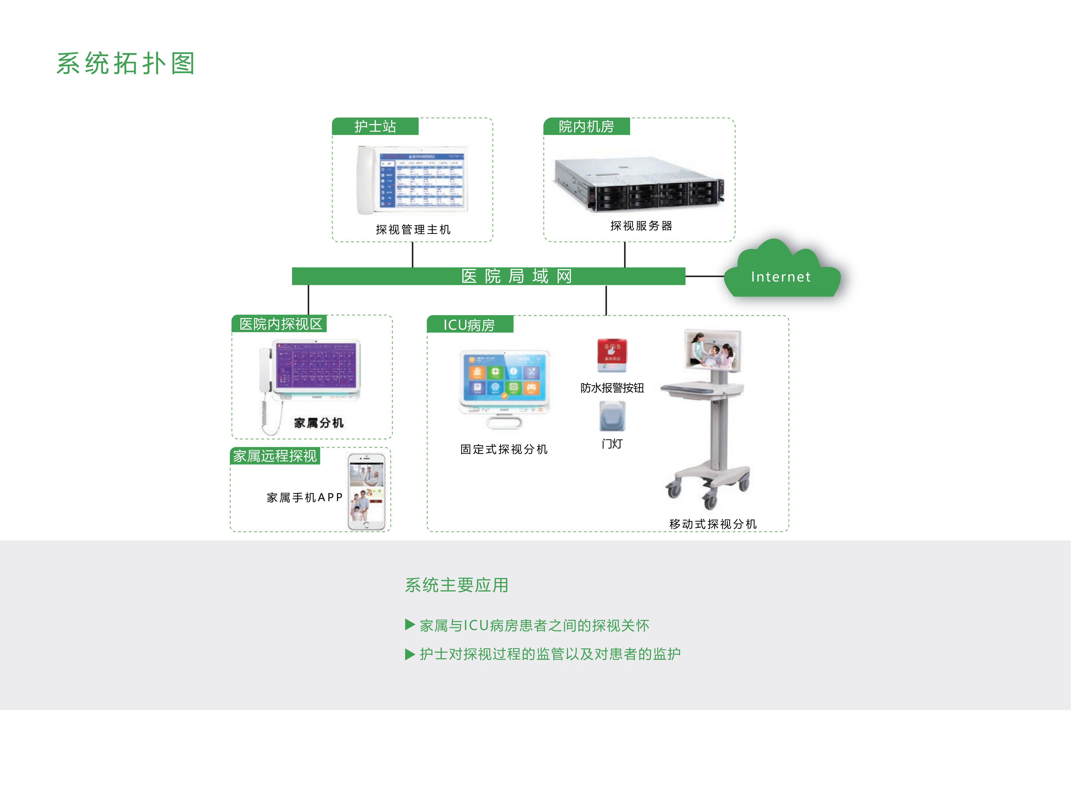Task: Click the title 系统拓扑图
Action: click(x=126, y=64)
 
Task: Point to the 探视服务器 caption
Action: click(x=641, y=226)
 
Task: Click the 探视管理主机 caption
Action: click(x=413, y=230)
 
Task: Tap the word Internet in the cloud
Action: click(x=780, y=277)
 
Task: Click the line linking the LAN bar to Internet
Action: click(x=705, y=276)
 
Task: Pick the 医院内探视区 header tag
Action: click(x=280, y=324)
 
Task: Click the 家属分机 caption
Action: click(x=319, y=423)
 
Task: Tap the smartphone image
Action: click(x=366, y=492)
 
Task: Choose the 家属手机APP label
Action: click(x=304, y=498)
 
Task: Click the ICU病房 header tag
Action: click(x=469, y=325)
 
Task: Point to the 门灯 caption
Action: click(x=612, y=444)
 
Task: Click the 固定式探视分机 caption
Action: click(x=504, y=450)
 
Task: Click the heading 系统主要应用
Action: click(x=457, y=585)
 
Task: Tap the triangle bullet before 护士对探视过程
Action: click(x=409, y=654)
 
